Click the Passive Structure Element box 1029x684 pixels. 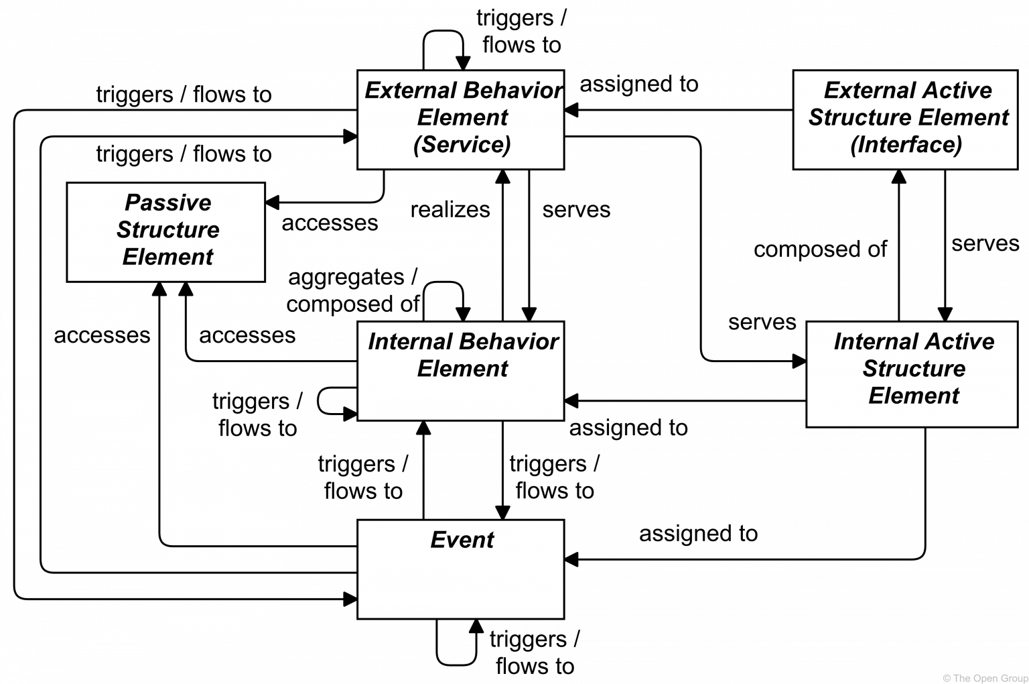click(x=165, y=232)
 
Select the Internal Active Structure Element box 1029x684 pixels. click(x=911, y=374)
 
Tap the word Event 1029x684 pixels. click(x=462, y=540)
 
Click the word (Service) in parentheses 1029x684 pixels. click(x=462, y=145)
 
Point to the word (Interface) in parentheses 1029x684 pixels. click(x=906, y=145)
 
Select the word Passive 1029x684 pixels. click(x=167, y=203)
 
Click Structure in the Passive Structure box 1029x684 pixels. click(x=167, y=230)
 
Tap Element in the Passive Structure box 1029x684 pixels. click(x=167, y=257)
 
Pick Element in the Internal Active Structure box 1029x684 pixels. click(x=914, y=396)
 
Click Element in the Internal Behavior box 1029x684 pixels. click(x=462, y=369)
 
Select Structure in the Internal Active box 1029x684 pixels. click(x=914, y=369)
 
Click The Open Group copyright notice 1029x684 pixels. click(x=984, y=678)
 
